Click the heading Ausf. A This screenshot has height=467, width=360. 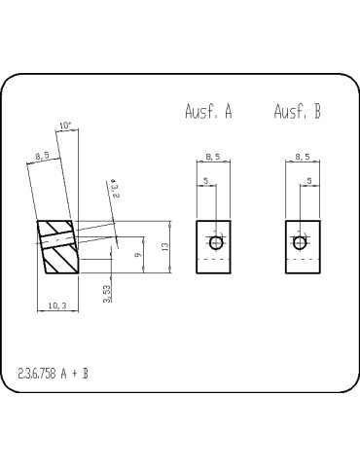coord(208,112)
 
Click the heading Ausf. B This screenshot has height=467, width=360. coord(298,112)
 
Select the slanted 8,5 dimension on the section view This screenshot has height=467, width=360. coord(42,156)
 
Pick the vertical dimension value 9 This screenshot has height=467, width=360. coord(137,255)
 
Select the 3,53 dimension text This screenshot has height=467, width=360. coord(106,293)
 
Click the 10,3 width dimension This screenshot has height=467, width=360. coord(57,307)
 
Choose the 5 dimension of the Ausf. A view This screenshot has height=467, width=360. coord(206,180)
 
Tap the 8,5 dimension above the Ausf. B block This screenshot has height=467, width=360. coord(302,156)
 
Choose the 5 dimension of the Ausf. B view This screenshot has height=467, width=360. coord(308,180)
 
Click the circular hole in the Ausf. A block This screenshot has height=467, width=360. coord(216,241)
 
